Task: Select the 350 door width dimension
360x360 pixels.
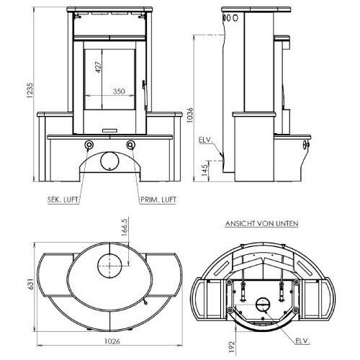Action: [x=120, y=92]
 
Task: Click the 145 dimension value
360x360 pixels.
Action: [x=204, y=171]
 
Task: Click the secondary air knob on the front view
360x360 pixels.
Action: [x=89, y=146]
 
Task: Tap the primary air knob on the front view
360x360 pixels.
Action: [x=130, y=146]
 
